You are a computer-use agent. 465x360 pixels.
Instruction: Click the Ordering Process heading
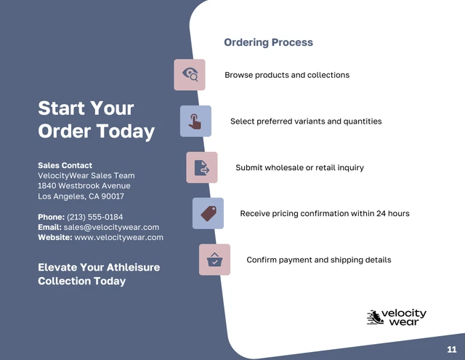[268, 42]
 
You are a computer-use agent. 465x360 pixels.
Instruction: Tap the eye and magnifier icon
[190, 74]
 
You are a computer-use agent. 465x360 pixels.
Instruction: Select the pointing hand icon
[195, 121]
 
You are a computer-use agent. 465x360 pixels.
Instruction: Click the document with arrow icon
[202, 168]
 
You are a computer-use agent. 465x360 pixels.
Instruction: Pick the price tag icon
[209, 213]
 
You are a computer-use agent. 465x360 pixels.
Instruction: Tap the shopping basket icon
[214, 260]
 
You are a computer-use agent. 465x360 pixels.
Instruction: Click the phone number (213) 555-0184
[95, 217]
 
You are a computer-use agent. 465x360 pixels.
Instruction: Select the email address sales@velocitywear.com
[111, 228]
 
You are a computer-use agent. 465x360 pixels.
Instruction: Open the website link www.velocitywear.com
[118, 237]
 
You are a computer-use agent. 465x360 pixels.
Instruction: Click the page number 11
[452, 349]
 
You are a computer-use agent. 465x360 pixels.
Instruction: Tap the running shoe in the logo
[374, 317]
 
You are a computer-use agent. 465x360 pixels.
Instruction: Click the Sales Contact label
[65, 165]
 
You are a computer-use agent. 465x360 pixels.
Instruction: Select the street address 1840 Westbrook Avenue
[84, 185]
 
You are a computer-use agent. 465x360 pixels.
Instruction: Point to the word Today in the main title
[126, 131]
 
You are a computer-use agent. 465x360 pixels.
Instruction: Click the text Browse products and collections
[287, 75]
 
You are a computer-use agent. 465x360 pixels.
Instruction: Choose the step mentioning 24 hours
[325, 214]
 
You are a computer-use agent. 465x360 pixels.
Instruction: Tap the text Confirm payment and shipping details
[319, 260]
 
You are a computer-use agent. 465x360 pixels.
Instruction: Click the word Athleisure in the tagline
[133, 268]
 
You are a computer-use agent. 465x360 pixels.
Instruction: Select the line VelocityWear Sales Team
[86, 176]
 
